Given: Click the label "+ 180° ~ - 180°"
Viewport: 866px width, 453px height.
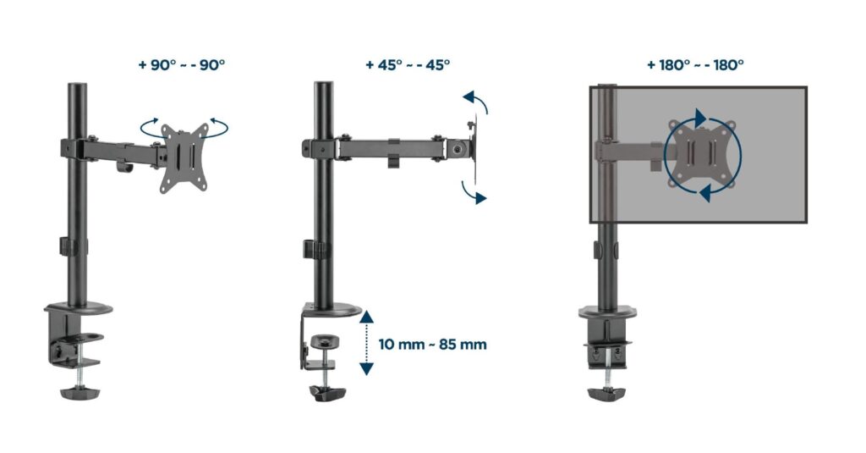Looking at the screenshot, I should coord(696,64).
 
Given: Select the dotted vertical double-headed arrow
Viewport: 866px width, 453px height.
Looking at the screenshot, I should coord(366,341).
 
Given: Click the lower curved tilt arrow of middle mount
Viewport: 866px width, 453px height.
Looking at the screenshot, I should coord(475,192).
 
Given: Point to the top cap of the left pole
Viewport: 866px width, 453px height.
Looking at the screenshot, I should coord(73,86).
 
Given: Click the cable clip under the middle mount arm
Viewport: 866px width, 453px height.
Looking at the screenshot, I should coord(394,159).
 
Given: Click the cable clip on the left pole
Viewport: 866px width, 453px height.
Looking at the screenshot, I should coord(67,247).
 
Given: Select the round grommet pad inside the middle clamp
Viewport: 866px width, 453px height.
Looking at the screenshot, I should coord(324,342).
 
